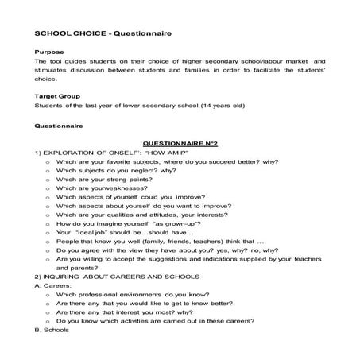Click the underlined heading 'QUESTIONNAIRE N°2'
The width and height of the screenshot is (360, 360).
pos(179,140)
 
